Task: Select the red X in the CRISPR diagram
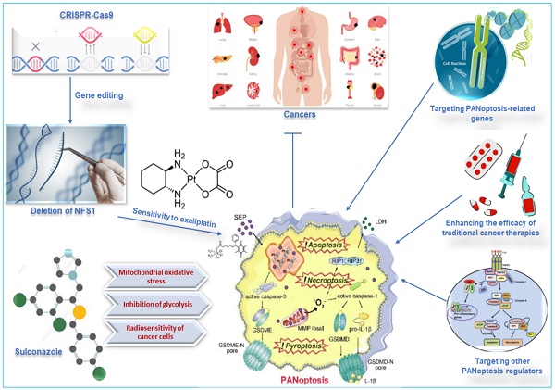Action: pos(35,44)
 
